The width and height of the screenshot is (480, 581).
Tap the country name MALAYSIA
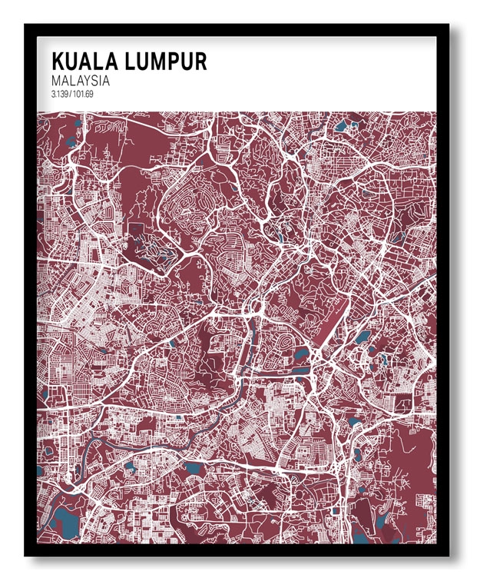click(81, 80)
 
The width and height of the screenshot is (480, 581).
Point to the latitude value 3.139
click(60, 95)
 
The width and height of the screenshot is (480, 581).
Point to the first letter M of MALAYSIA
click(56, 80)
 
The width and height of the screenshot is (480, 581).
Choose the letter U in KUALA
click(72, 61)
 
